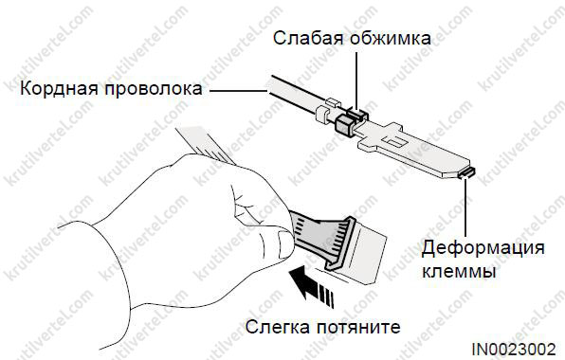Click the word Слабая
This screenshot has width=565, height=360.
click(308, 38)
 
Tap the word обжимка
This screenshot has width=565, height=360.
click(391, 38)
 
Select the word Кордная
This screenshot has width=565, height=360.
click(59, 88)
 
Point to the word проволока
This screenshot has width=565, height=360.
click(154, 89)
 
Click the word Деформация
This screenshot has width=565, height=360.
click(483, 248)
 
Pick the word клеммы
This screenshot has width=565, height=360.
click(459, 271)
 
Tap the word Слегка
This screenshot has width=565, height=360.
click(277, 327)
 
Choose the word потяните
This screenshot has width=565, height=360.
click(358, 328)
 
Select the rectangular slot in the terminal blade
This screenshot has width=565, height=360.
click(394, 141)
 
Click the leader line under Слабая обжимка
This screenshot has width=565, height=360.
click(356, 81)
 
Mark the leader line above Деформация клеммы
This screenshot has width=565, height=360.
click(465, 207)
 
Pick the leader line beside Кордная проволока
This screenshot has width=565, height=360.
click(239, 90)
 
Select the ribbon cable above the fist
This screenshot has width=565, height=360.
click(206, 145)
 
